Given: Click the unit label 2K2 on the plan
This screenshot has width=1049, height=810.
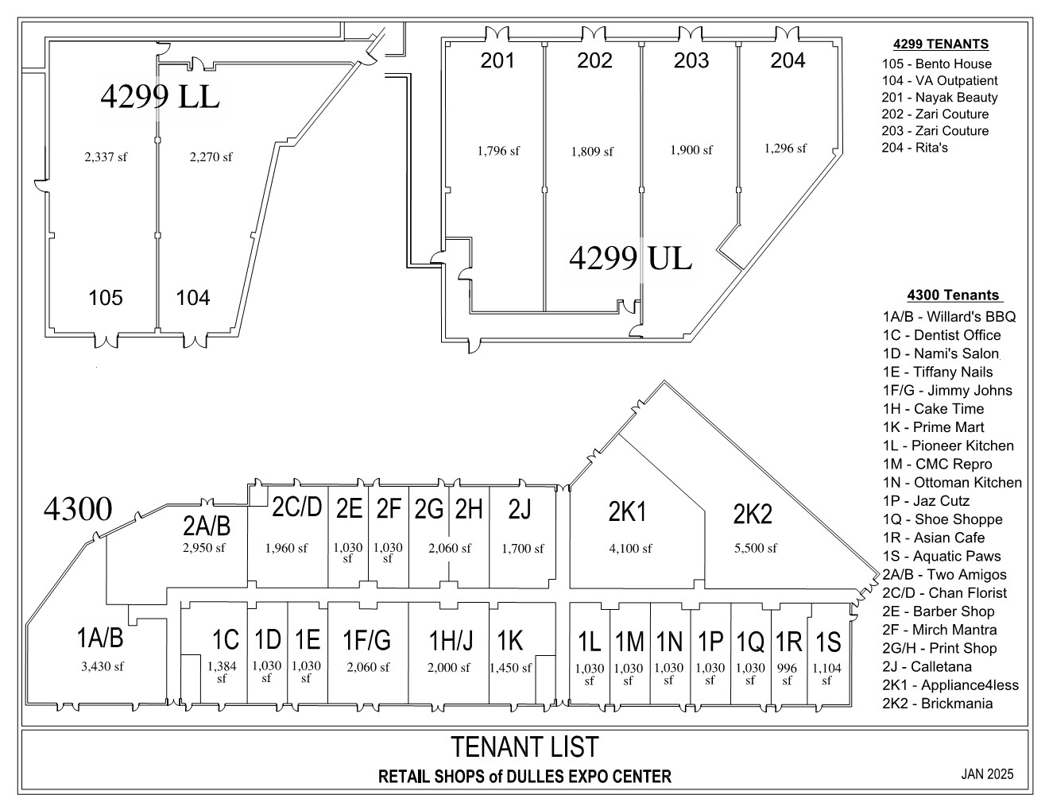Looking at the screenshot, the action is click(753, 514).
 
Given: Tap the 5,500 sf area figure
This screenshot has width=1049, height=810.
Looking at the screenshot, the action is click(756, 548).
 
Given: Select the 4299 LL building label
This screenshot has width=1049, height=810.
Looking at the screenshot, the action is click(160, 96).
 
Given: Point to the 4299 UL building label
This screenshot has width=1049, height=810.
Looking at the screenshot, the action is click(630, 258).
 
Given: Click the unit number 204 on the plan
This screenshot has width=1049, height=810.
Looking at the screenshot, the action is click(788, 60).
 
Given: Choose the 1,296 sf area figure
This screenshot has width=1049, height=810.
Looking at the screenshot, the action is click(785, 148).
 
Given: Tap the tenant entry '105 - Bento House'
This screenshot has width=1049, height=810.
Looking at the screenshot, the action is click(936, 64).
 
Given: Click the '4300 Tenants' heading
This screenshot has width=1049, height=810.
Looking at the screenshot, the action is click(953, 295).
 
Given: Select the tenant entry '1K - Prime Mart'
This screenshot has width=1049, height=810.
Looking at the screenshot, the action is click(933, 427).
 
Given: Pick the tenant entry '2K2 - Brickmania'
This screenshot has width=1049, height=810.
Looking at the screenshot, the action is click(938, 704).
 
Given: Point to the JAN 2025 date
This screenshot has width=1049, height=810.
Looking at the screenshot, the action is click(987, 773).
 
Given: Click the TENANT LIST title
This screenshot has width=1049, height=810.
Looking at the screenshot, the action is click(524, 746).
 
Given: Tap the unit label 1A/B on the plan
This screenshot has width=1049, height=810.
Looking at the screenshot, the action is click(100, 638).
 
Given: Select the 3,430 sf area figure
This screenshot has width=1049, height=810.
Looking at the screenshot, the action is click(103, 666).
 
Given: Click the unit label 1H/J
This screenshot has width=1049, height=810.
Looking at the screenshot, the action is click(451, 640).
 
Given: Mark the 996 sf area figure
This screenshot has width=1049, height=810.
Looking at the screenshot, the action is click(787, 674).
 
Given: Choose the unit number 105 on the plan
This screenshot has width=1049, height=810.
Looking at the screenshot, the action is click(106, 298).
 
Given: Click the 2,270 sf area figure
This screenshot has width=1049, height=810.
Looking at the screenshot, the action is click(211, 156).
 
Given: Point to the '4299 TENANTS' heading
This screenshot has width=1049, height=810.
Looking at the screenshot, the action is click(941, 44).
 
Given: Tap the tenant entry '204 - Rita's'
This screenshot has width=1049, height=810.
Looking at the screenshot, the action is click(915, 147).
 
